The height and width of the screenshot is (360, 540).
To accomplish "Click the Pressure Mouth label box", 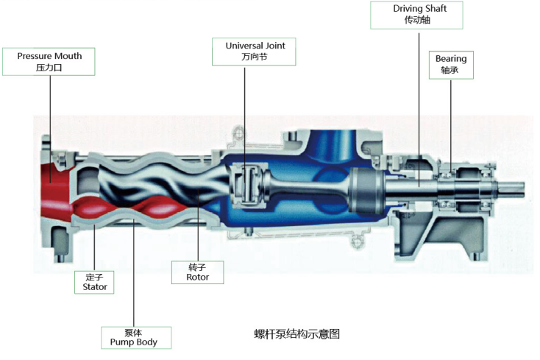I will [x=49, y=61].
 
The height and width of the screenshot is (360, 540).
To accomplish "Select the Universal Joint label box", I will [x=255, y=51].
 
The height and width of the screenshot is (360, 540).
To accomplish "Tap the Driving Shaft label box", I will [x=417, y=15].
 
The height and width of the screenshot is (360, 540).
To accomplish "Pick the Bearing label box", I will [x=450, y=64].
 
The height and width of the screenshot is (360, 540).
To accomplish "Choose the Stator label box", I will [x=94, y=282].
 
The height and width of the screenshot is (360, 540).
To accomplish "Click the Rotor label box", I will [x=197, y=272].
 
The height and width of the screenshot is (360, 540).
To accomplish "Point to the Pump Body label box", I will [x=135, y=337].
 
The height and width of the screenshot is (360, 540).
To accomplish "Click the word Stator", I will [x=94, y=287].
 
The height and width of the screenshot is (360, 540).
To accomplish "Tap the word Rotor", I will [x=197, y=278].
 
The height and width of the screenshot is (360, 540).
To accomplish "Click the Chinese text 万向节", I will [x=255, y=57].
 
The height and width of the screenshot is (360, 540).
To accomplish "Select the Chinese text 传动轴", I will [x=417, y=21].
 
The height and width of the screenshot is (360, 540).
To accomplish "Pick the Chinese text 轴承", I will [x=450, y=70].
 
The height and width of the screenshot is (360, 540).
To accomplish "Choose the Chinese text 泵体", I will [x=135, y=332].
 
